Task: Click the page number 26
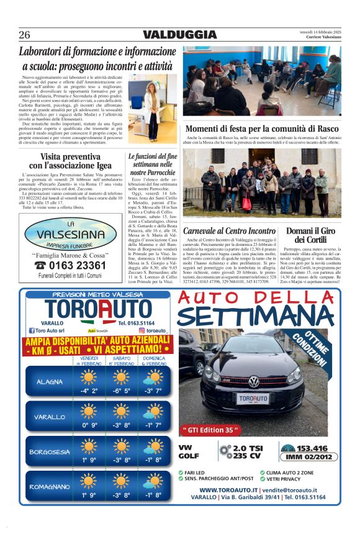[x=25, y=35]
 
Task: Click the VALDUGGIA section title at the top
[x=179, y=35]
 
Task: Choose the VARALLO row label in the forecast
[x=50, y=417]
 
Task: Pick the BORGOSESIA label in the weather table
[x=49, y=452]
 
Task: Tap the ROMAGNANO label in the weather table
[x=49, y=487]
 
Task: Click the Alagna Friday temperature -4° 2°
[x=89, y=391]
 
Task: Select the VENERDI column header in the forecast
[x=89, y=358]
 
